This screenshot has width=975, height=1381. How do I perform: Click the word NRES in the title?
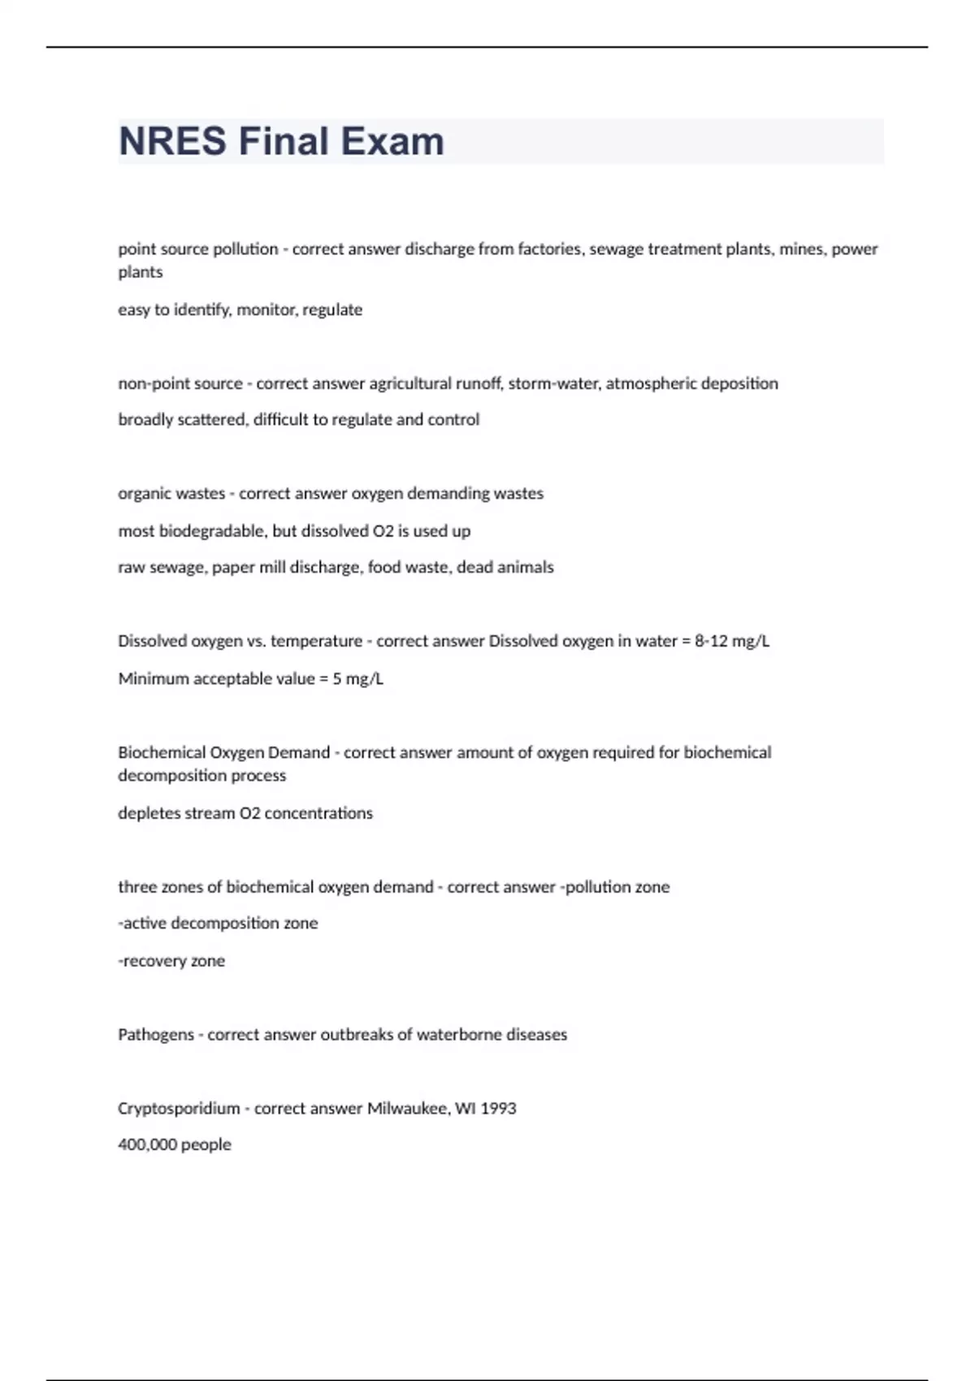[172, 141]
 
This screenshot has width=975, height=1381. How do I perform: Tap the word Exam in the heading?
[392, 141]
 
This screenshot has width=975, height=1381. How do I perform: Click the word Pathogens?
[155, 1035]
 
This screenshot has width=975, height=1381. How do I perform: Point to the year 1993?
[498, 1109]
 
